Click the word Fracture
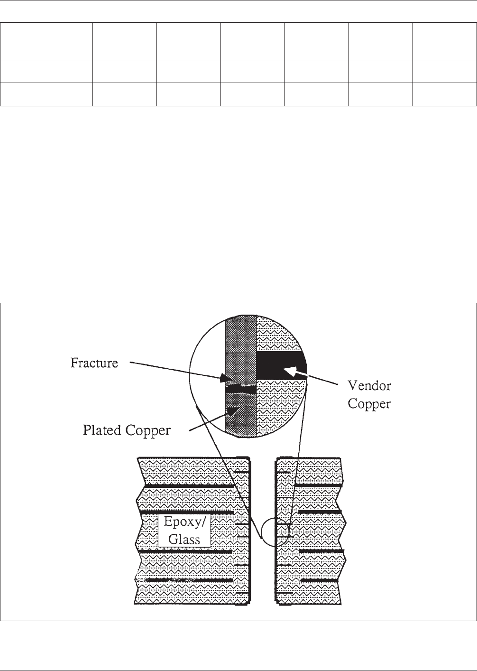pos(94,363)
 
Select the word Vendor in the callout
pos(369,385)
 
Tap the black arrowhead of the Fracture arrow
pos(226,379)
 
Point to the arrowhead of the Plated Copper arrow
pos(232,411)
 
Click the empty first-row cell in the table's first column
pos(46,41)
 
